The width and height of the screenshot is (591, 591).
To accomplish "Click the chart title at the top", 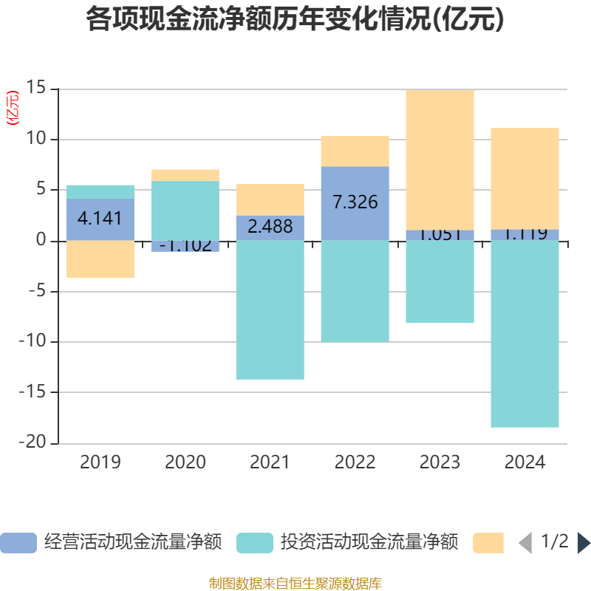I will [x=295, y=20].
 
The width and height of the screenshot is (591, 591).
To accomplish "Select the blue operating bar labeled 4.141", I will [x=100, y=219].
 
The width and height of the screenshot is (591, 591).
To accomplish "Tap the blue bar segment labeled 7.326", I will [x=355, y=203].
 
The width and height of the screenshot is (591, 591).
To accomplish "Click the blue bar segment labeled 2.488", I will [x=270, y=228].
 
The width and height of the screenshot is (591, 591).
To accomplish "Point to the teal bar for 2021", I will [x=270, y=310].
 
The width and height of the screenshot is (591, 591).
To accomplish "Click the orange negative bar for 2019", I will [x=100, y=259].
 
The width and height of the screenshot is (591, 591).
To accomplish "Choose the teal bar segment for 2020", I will [x=185, y=211].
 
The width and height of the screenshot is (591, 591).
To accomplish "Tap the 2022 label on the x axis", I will [x=355, y=463].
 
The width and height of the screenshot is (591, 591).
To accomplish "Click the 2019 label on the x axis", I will [x=100, y=463].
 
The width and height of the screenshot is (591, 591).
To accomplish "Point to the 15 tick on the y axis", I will [x=36, y=89].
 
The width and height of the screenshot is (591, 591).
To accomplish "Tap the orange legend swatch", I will [x=488, y=543].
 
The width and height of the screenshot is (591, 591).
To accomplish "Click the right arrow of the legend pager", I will [x=584, y=543].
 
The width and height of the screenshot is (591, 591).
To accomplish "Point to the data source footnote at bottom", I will [x=295, y=584].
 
